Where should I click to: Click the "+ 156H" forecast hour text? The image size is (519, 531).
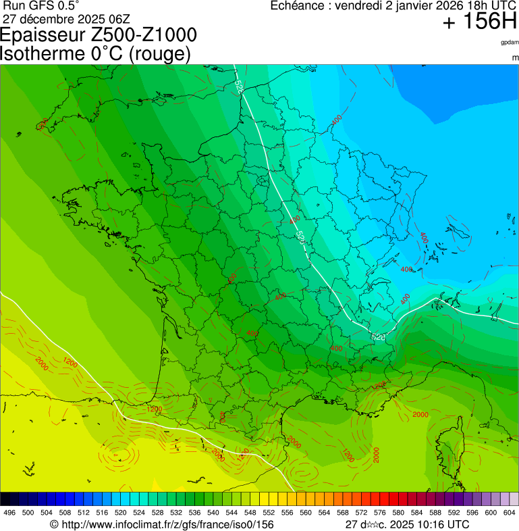480,22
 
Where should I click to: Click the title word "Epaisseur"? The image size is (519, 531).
47,36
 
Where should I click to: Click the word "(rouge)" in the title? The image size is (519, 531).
159,54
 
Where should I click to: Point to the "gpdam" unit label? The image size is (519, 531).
509,43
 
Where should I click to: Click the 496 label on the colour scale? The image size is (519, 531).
9,513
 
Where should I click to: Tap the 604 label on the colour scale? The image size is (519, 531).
509,513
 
